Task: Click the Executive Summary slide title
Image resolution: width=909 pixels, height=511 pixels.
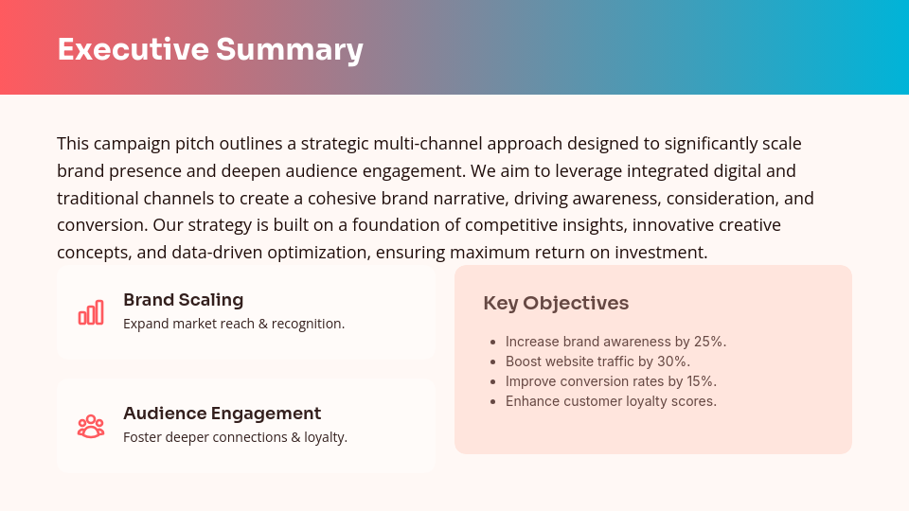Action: pyautogui.click(x=210, y=49)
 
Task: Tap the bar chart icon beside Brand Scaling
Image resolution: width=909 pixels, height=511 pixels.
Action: pyautogui.click(x=91, y=312)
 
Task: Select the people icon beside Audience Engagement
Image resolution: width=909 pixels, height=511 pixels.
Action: pyautogui.click(x=91, y=426)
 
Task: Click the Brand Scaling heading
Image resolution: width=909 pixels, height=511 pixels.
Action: pyautogui.click(x=183, y=300)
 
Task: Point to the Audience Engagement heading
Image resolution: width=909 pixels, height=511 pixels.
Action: pyautogui.click(x=222, y=414)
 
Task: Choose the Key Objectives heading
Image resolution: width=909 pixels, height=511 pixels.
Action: pyautogui.click(x=556, y=303)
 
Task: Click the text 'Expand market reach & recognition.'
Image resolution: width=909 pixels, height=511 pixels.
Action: pyautogui.click(x=234, y=324)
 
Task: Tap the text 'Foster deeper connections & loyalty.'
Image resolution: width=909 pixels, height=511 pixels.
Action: pyautogui.click(x=235, y=437)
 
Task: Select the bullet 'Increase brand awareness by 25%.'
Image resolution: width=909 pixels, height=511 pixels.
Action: pyautogui.click(x=615, y=342)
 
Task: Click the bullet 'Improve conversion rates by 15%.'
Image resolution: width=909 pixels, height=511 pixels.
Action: pyautogui.click(x=611, y=381)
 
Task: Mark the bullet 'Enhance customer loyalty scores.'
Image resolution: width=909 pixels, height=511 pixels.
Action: pyautogui.click(x=611, y=401)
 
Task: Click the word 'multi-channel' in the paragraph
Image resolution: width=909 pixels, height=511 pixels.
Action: pyautogui.click(x=427, y=144)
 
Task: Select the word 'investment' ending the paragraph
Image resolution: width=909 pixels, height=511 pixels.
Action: pyautogui.click(x=664, y=254)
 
